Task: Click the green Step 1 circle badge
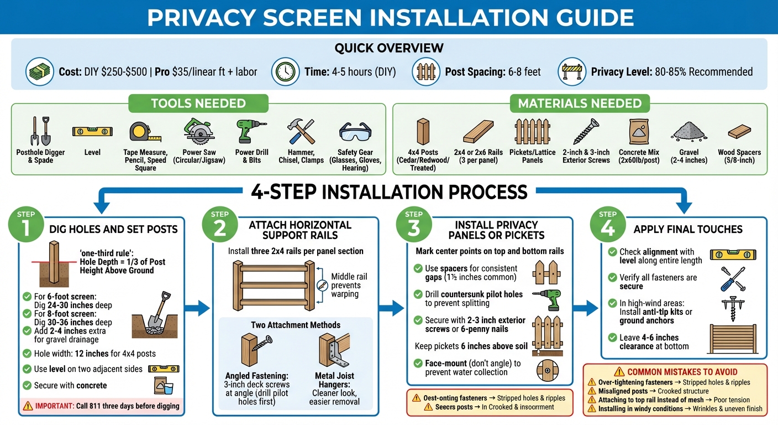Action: tap(26, 227)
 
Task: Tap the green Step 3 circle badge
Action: tap(414, 227)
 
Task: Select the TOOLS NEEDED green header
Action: tap(198, 103)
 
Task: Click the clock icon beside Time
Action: tap(284, 72)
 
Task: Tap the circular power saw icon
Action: tap(199, 132)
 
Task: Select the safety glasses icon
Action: tap(355, 133)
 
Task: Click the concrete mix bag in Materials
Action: tap(637, 132)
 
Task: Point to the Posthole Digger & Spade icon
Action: tap(40, 131)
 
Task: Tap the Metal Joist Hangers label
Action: tap(334, 376)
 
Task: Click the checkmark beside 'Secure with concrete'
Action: tap(27, 385)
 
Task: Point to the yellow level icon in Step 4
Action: tap(733, 255)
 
